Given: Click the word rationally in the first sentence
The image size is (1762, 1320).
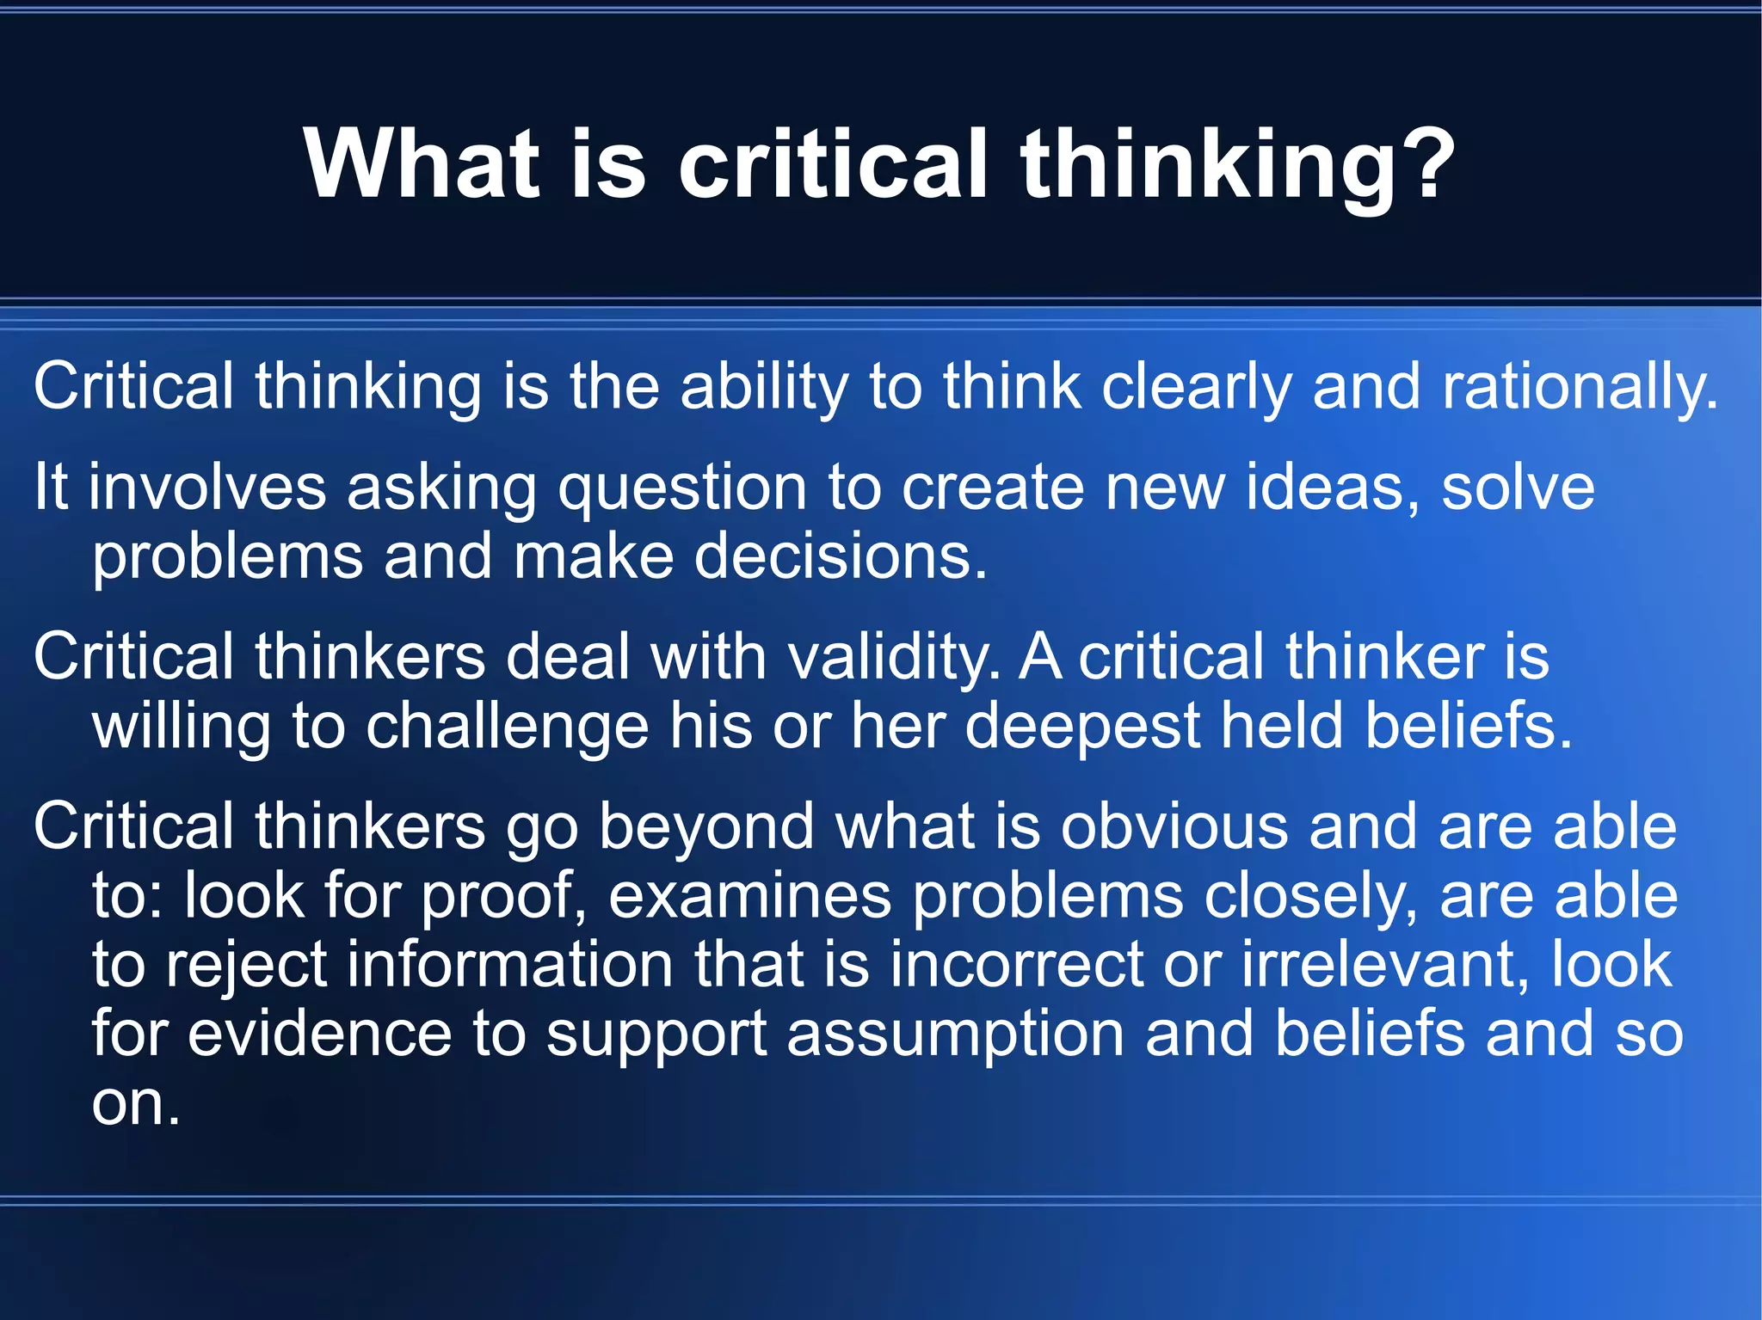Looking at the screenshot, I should [x=1579, y=388].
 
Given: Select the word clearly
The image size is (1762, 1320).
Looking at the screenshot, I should [x=1196, y=388].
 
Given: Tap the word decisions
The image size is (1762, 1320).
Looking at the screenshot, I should [x=840, y=556].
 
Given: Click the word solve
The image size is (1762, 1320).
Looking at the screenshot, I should [x=1518, y=487].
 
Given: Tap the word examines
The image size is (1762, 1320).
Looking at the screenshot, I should [x=749, y=896].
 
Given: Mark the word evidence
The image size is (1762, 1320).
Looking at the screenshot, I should [x=319, y=1034].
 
